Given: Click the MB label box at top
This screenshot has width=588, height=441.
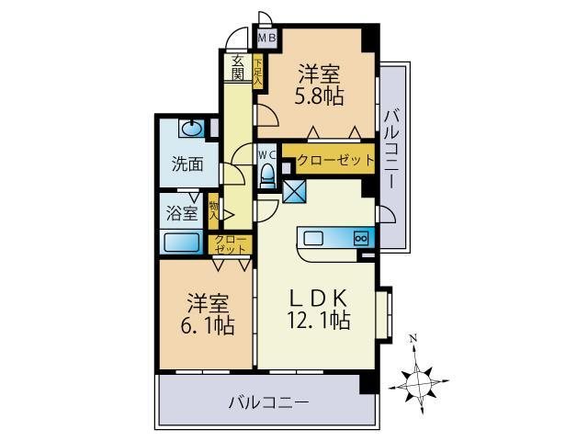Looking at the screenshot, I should (x=266, y=39).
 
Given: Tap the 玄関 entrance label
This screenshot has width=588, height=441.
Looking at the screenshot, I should (x=237, y=67).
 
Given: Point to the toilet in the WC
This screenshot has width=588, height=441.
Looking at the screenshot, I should (x=268, y=172).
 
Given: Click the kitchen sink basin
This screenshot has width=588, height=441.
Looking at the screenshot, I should (x=314, y=239).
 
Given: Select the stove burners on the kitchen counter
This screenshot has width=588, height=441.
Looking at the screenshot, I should (x=360, y=239).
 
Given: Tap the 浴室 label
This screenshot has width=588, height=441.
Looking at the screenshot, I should (x=182, y=213).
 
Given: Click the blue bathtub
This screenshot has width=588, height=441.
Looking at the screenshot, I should (x=182, y=243).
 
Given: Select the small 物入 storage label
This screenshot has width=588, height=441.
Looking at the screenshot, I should (x=213, y=212).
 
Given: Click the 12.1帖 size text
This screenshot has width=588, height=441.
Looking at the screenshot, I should (x=319, y=321).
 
